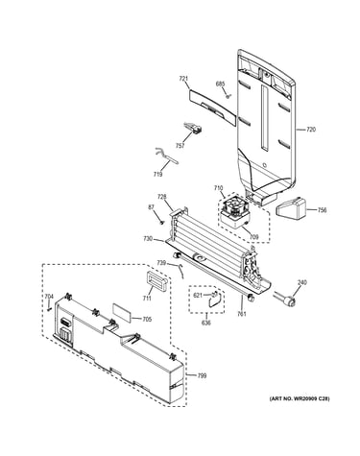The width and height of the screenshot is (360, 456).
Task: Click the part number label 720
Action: [311, 130]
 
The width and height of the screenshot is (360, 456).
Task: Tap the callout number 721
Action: [183, 79]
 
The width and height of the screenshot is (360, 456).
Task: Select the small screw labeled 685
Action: [228, 96]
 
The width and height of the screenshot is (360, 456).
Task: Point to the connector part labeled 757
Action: [193, 129]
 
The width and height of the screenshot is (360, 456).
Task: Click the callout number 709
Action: [253, 237]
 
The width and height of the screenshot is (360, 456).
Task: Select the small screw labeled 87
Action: [162, 222]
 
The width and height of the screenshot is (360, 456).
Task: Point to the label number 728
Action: [161, 196]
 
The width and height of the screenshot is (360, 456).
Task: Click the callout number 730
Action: [148, 238]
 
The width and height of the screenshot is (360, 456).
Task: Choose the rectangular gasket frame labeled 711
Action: [156, 281]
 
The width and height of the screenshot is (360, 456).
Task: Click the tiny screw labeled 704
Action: [49, 309]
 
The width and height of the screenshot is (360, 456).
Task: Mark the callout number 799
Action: [202, 375]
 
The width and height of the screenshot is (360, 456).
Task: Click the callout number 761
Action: [242, 314]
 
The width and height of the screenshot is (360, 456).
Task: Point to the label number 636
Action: [206, 323]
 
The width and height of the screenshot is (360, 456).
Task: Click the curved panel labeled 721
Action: [213, 107]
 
